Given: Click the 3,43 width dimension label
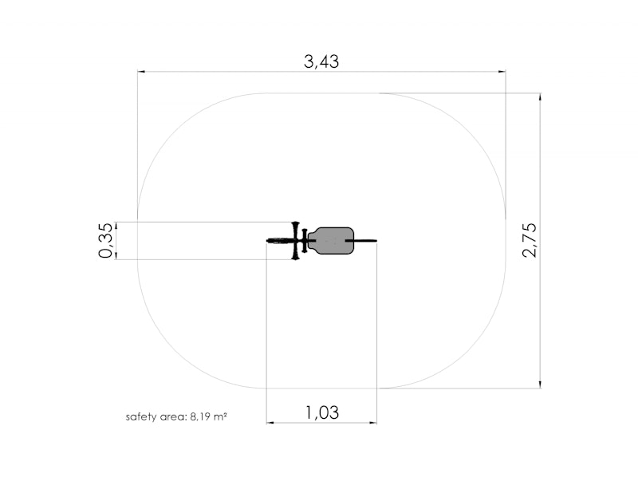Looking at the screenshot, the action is pyautogui.click(x=321, y=62).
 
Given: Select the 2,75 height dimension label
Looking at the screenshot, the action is pyautogui.click(x=530, y=240).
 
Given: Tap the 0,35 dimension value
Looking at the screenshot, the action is pyautogui.click(x=105, y=240).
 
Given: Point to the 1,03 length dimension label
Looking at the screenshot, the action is pyautogui.click(x=322, y=412).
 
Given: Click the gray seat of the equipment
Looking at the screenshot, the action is pyautogui.click(x=331, y=241).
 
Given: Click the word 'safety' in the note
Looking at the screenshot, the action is pyautogui.click(x=139, y=417).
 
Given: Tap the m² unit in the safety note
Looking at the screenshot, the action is pyautogui.click(x=220, y=416).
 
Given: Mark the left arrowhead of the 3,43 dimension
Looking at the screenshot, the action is pyautogui.click(x=141, y=72).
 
